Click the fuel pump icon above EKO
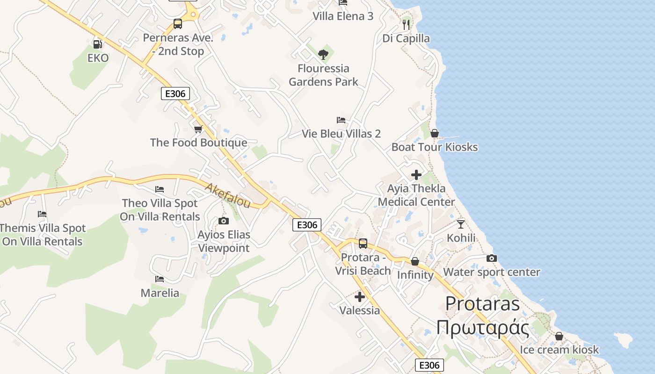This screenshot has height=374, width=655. pos(97,44)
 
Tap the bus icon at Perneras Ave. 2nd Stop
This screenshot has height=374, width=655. pos(178,24)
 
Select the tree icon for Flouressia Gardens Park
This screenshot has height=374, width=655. pos(323,54)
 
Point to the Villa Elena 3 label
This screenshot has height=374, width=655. pos(343,16)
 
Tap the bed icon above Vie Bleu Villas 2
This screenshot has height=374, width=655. pos(341,120)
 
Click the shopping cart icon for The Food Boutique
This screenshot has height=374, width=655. pos(198,129)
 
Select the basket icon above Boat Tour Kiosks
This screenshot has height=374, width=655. pos(435,134)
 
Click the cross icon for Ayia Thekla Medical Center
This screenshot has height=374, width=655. pos(416,175)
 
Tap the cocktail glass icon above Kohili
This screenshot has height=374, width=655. pos(461,224)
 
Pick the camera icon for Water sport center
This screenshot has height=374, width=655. pos(491,259)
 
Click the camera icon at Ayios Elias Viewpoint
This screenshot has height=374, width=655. pos(224,221)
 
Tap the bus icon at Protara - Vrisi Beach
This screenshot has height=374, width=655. pos(363,244)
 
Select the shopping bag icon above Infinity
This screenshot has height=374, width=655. pos(415,261)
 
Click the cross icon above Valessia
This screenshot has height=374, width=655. pos(359,297)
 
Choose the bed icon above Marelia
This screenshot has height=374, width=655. pos(160,279)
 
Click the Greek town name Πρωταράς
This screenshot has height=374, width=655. pos(483,327)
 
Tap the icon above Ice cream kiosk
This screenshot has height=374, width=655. pos(559,337)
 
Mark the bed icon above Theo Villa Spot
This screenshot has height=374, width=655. pos(160,189)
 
